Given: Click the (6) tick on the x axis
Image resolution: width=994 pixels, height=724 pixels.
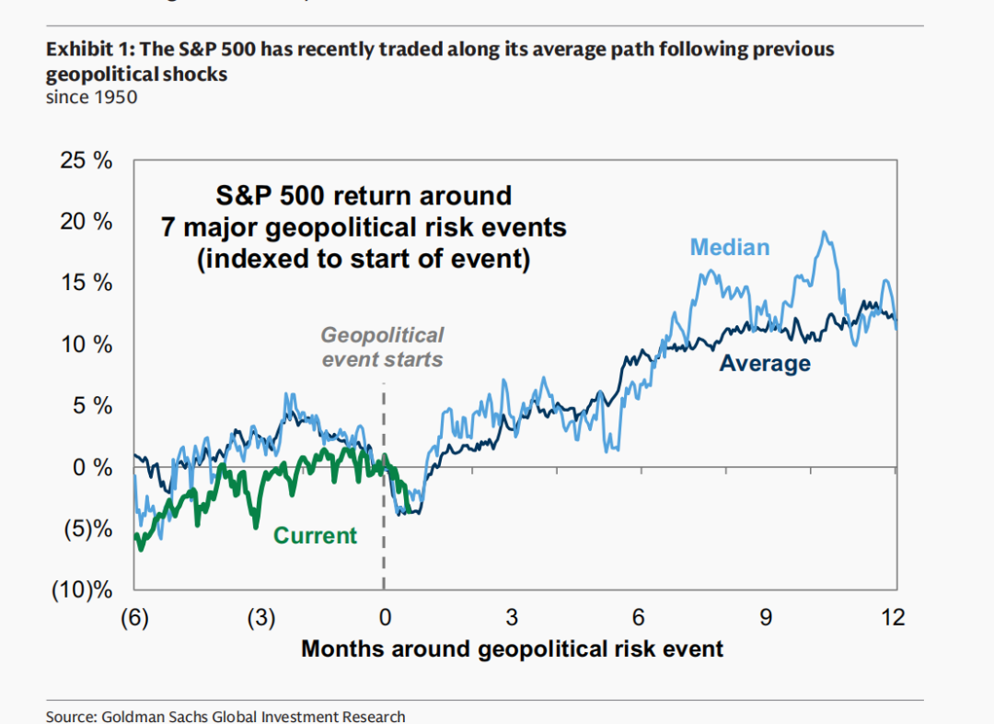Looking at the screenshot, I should pyautogui.click(x=134, y=616).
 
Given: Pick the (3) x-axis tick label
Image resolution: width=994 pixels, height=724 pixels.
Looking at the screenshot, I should pyautogui.click(x=260, y=616).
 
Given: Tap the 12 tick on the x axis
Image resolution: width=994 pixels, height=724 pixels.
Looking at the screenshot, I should pyautogui.click(x=892, y=616).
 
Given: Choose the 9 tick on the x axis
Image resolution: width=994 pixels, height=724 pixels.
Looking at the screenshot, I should pyautogui.click(x=766, y=616).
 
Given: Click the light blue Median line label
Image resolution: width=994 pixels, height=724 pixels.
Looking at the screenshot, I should pyautogui.click(x=730, y=247).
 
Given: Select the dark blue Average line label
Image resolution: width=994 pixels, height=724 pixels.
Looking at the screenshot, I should pyautogui.click(x=765, y=364).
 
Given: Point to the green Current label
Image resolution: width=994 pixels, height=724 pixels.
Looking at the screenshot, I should pyautogui.click(x=316, y=535).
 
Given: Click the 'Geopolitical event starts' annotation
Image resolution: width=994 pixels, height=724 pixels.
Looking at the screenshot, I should pyautogui.click(x=382, y=346).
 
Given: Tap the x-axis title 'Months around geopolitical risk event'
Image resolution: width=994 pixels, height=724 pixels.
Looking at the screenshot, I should pyautogui.click(x=512, y=648).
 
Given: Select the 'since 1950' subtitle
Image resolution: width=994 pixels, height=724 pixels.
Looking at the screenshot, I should pyautogui.click(x=91, y=96).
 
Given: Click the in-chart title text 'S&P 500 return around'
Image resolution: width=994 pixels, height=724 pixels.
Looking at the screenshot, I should pyautogui.click(x=364, y=195).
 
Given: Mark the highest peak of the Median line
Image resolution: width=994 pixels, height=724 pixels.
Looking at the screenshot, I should pyautogui.click(x=825, y=232).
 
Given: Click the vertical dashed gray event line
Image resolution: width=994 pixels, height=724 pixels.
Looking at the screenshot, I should pyautogui.click(x=384, y=534).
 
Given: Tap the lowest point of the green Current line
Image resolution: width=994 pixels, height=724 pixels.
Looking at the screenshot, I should pyautogui.click(x=141, y=549).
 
